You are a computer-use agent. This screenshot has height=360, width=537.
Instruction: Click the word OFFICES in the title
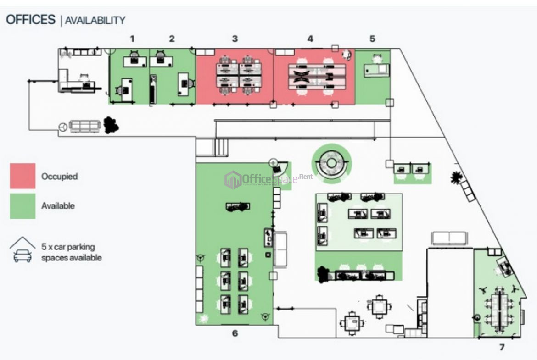pos(30,20)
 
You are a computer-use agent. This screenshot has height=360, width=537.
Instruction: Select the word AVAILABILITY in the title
pos(95,20)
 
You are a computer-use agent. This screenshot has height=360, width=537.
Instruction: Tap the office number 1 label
pos(132,39)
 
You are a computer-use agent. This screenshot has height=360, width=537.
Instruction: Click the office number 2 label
pos(172,39)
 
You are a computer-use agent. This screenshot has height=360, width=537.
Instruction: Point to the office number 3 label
pos(235,39)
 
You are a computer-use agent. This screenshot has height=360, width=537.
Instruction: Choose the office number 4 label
pos(310,39)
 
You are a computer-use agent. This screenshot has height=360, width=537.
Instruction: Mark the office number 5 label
pos(372,39)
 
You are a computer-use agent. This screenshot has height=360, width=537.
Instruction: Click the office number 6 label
pos(235,333)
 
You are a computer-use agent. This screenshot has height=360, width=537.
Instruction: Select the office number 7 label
pos(502,347)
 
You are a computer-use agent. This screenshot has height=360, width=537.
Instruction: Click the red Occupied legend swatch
pos(22,176)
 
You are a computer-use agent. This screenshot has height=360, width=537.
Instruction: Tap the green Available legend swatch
pos(22,206)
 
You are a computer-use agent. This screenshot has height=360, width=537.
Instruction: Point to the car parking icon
pos(22,250)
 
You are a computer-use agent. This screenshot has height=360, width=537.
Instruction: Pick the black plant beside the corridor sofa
pos(111,125)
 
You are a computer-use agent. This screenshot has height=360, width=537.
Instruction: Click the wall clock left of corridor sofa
pos(63,127)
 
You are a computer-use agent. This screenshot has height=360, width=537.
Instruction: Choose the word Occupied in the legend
pos(59,176)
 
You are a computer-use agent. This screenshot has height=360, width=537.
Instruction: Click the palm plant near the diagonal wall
pos(456,177)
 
